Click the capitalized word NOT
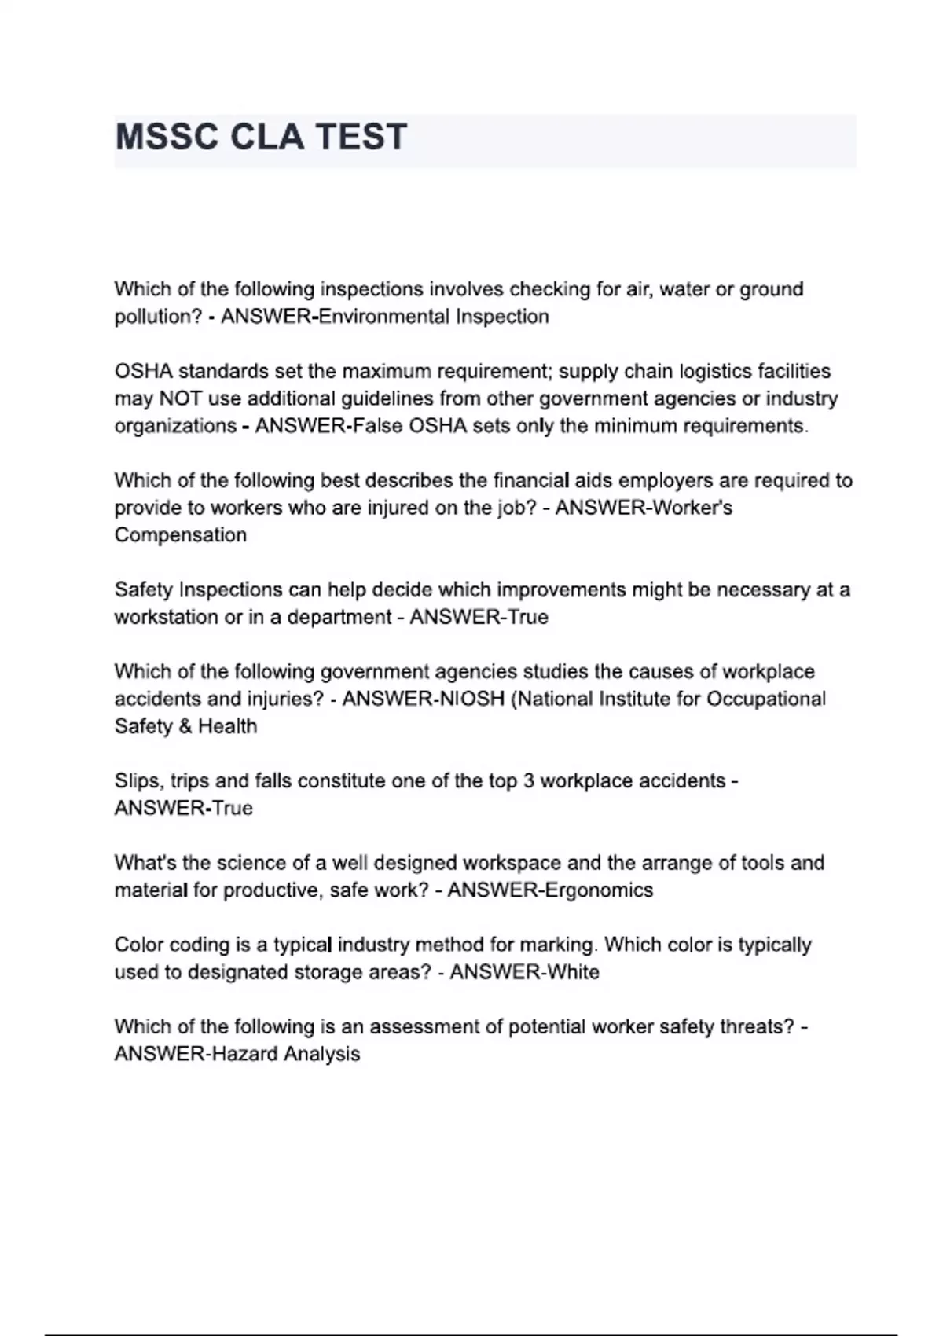coord(181,398)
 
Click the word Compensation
coord(181,535)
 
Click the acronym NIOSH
coord(465,699)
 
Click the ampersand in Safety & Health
coord(185,726)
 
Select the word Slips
coord(138,781)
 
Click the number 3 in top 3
coord(529,781)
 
